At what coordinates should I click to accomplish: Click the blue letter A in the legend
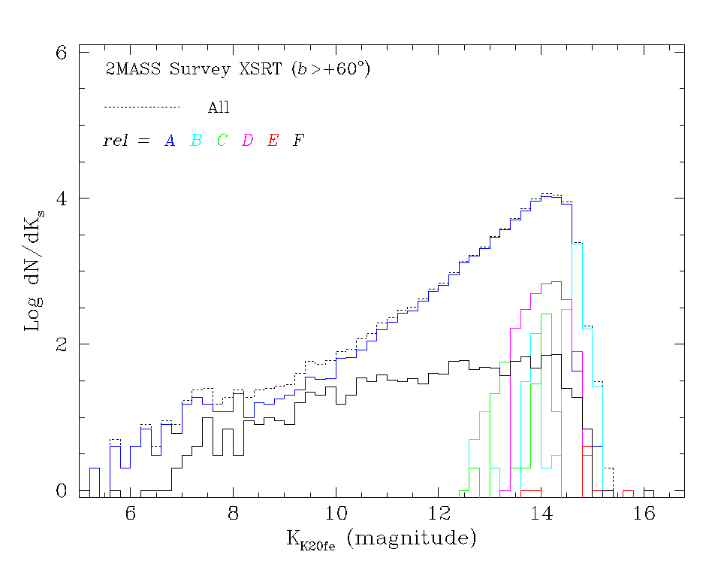170,141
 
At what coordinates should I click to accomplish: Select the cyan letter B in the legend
196,141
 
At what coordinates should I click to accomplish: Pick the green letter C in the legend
222,141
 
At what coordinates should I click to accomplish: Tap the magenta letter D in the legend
248,141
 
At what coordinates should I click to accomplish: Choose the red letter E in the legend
273,141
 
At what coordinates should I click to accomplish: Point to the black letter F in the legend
299,141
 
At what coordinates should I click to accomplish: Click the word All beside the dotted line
219,108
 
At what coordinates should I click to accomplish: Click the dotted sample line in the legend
142,107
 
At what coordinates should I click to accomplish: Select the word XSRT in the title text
259,70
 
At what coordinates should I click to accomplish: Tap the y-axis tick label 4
64,199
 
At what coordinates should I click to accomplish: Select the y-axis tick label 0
64,490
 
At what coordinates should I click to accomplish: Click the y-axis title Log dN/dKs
33,271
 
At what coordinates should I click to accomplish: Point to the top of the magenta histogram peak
557,281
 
